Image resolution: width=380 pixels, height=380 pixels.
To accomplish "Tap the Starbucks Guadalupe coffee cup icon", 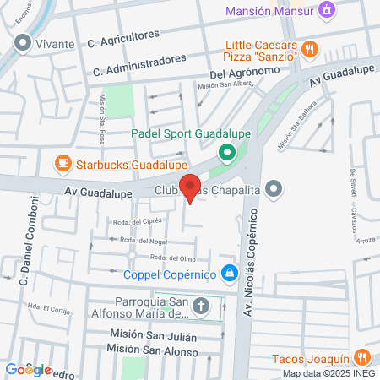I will point(62,162).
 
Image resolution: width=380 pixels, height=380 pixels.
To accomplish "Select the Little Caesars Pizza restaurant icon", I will point(312,48).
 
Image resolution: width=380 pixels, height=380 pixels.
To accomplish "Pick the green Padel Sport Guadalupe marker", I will point(225,153).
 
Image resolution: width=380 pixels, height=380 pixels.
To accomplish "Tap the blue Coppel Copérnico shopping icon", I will point(228,273).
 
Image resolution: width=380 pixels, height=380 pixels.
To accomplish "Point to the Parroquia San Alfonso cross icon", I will point(202,306).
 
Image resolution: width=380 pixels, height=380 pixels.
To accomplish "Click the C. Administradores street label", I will point(139,64).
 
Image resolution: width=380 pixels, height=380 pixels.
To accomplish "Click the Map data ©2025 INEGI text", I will point(329,373).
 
